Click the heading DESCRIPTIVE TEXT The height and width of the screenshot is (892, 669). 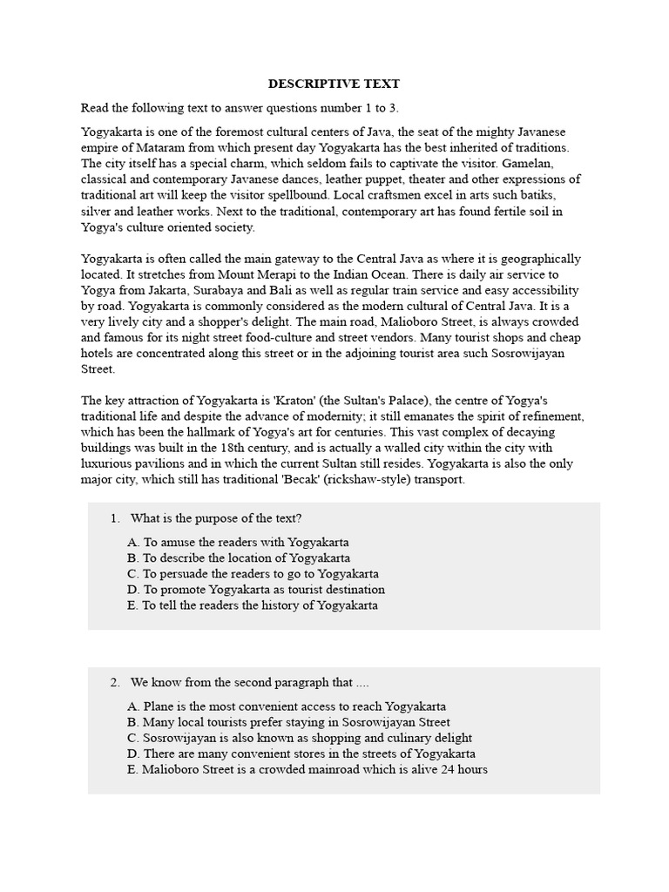[334, 84]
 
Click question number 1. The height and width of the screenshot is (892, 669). [115, 518]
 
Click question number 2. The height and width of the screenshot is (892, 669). [115, 682]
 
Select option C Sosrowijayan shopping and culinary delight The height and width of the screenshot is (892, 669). [299, 738]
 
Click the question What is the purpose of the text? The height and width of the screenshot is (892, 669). [216, 518]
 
